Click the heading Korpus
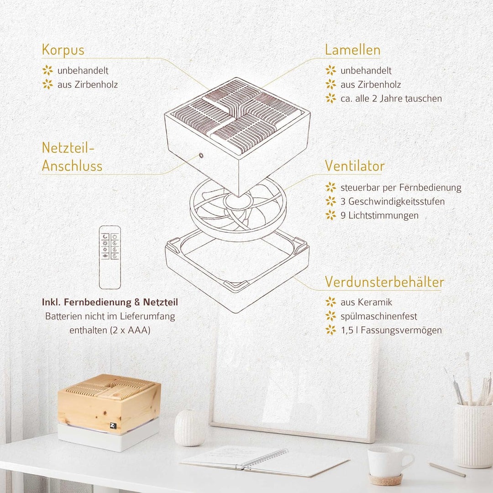point(63,50)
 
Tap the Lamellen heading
point(352,50)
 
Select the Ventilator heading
point(355,166)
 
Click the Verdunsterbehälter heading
point(384,282)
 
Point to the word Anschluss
point(72,166)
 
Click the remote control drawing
point(110,257)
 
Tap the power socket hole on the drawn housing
point(201,155)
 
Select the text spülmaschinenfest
point(378,316)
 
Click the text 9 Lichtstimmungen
point(379,215)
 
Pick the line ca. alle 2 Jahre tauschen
point(391,99)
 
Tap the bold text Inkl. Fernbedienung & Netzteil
point(110,302)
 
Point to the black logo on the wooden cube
point(114,426)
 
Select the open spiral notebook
point(265,461)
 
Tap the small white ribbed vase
point(189,428)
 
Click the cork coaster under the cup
point(385,479)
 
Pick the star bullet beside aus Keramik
point(331,302)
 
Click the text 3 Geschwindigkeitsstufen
point(393,202)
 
